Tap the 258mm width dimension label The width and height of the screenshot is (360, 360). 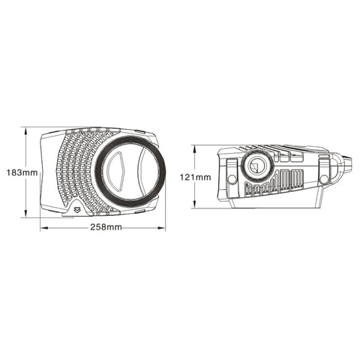click(104, 228)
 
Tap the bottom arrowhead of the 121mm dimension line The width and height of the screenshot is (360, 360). click(196, 206)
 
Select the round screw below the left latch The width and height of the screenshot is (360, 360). click(232, 178)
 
